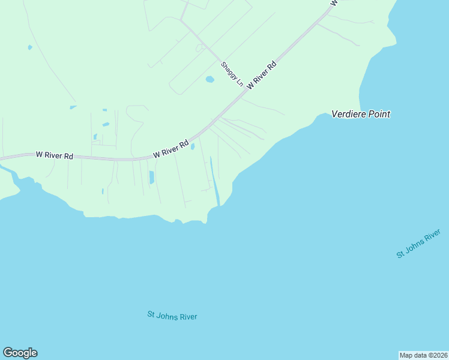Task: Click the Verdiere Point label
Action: click(x=361, y=113)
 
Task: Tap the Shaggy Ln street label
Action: click(x=232, y=74)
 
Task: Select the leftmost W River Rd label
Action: click(x=54, y=155)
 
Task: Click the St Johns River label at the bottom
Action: click(x=172, y=316)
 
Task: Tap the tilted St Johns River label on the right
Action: click(x=419, y=244)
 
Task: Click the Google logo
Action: click(x=20, y=353)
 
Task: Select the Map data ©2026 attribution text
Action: click(x=423, y=355)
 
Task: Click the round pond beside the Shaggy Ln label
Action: click(x=209, y=79)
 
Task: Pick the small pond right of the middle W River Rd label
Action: click(x=193, y=146)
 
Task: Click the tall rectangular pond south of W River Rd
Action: click(x=151, y=177)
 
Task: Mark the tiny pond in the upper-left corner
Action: click(x=29, y=47)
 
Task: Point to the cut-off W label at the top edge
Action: click(x=334, y=2)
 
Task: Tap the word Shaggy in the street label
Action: click(x=228, y=70)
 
